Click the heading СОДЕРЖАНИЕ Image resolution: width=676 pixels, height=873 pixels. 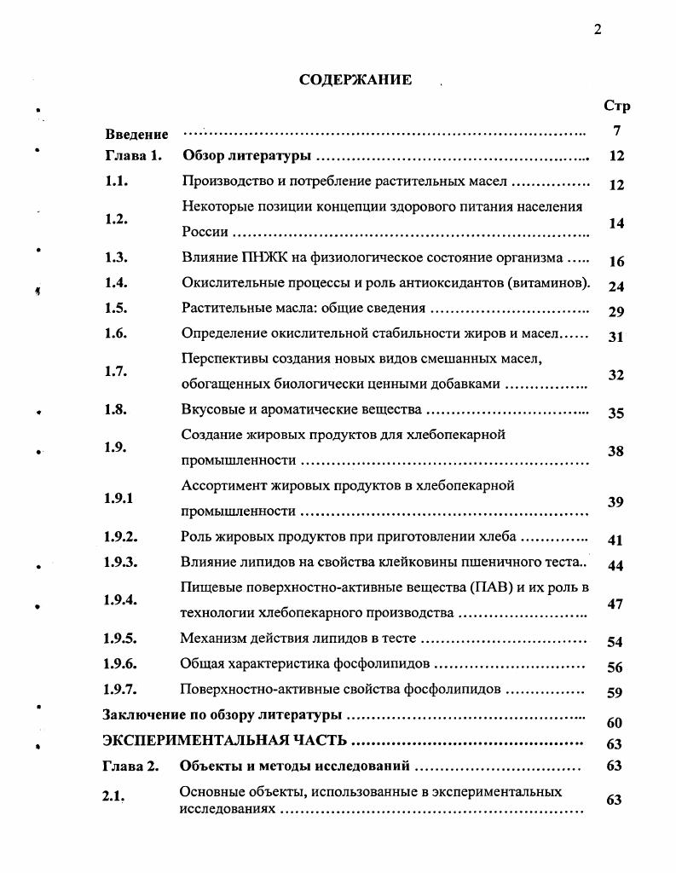pyautogui.click(x=355, y=80)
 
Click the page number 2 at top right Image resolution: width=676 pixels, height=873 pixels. pyautogui.click(x=598, y=30)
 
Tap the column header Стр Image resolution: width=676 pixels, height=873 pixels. pyautogui.click(x=616, y=107)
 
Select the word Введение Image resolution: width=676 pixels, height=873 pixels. pyautogui.click(x=136, y=135)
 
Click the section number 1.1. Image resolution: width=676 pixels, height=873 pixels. pyautogui.click(x=116, y=182)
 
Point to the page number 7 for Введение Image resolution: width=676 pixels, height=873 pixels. pyautogui.click(x=615, y=131)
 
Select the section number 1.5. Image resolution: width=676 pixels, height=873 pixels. pyautogui.click(x=116, y=309)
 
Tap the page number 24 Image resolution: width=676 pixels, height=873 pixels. pyautogui.click(x=616, y=286)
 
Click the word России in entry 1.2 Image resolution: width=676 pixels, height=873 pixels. pyautogui.click(x=205, y=232)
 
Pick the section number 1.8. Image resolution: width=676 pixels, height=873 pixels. pyautogui.click(x=116, y=409)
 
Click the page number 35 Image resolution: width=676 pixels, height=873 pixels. pyautogui.click(x=616, y=413)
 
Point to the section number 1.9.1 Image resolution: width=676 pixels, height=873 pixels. pyautogui.click(x=118, y=498)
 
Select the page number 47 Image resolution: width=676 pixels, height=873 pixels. pyautogui.click(x=616, y=604)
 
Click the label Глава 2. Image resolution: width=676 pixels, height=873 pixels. pyautogui.click(x=131, y=766)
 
